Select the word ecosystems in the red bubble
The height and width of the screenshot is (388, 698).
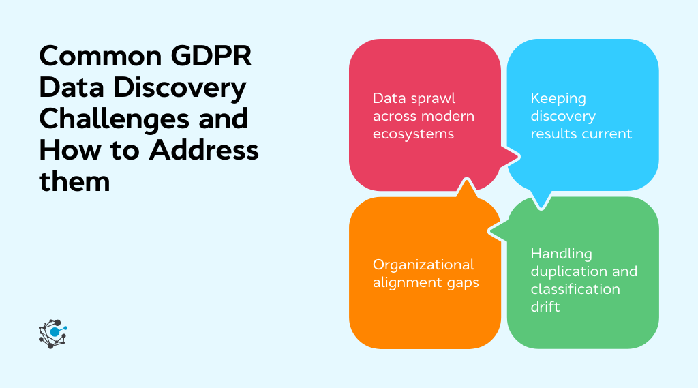click(414, 134)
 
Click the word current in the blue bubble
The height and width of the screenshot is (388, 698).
click(607, 134)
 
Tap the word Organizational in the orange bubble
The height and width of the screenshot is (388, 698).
click(423, 265)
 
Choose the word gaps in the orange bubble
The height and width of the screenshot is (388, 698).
click(461, 282)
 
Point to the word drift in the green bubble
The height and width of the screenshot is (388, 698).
click(545, 307)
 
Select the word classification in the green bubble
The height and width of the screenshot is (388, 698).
click(575, 289)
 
